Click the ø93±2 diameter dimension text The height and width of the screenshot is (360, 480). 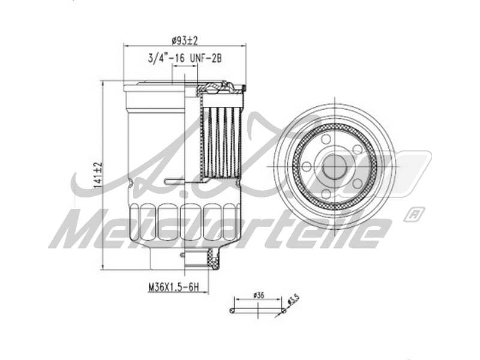(x=185, y=40)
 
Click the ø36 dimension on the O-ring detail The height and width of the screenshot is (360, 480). (x=259, y=295)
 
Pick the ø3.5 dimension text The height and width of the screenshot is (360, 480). (x=293, y=298)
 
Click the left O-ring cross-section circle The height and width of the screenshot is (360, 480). (x=233, y=310)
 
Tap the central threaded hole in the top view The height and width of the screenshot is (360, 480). (x=334, y=167)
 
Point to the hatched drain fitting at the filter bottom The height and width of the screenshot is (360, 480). (x=211, y=259)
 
